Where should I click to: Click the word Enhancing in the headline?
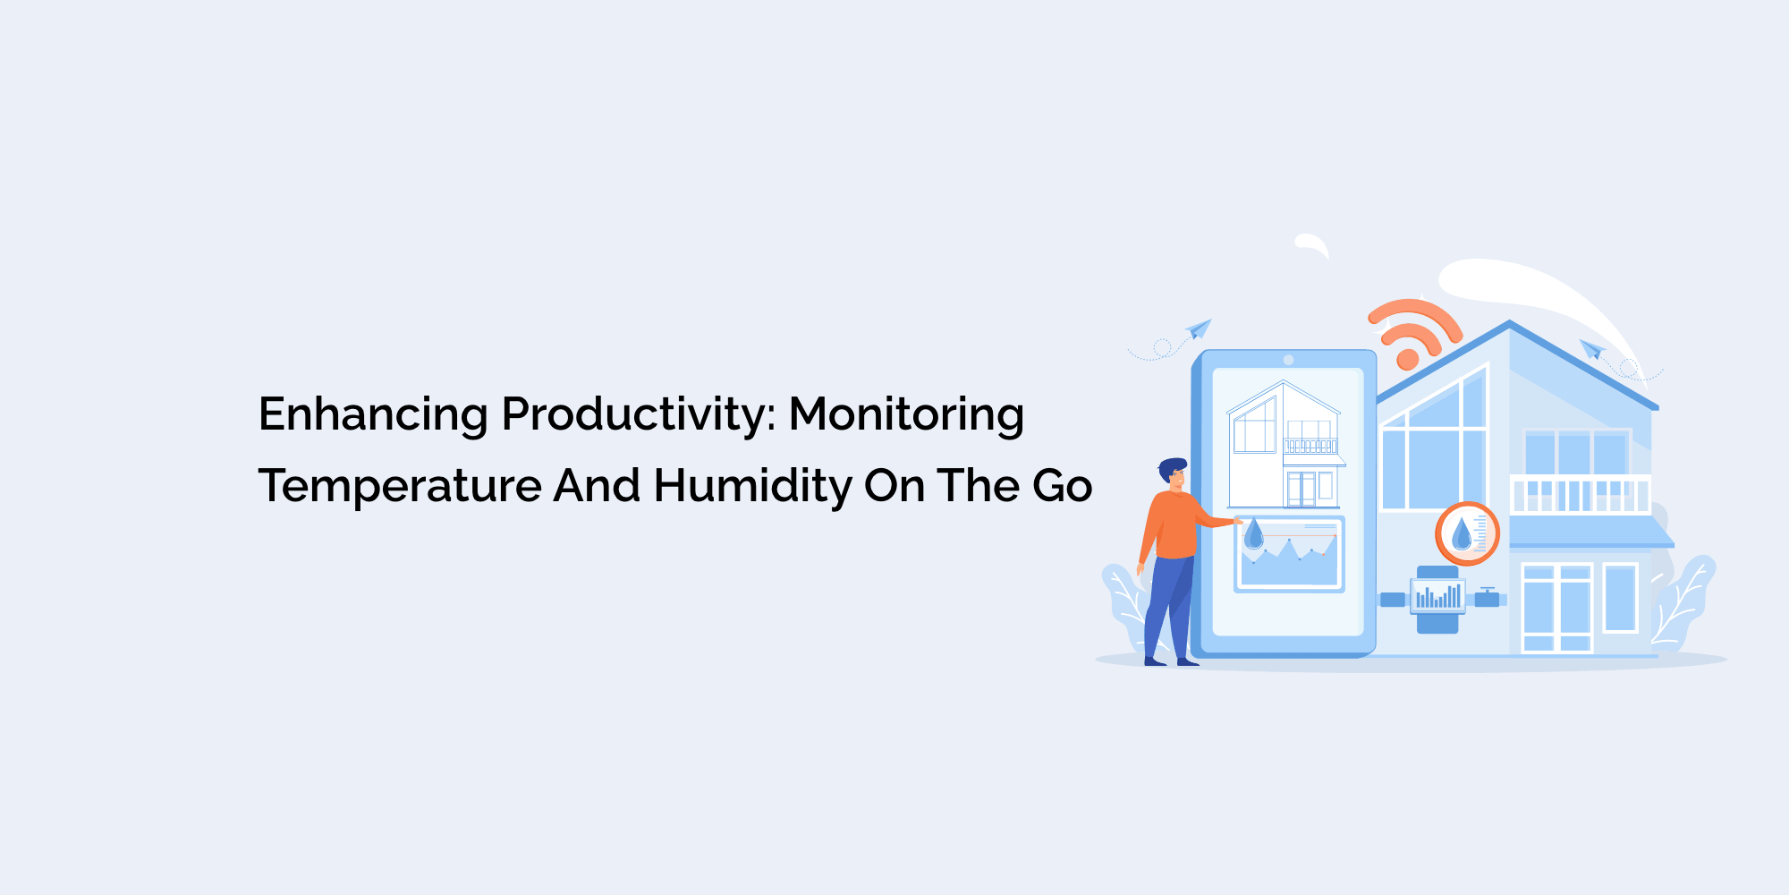[x=373, y=415]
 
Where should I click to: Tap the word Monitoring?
[x=906, y=415]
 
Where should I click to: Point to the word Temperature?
[x=400, y=487]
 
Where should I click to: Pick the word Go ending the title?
[x=1063, y=487]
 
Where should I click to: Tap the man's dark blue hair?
[x=1172, y=468]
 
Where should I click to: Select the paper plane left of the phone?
[x=1199, y=328]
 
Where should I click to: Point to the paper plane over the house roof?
[x=1591, y=348]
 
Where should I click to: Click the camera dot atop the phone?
[x=1288, y=360]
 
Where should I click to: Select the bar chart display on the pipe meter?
[x=1437, y=596]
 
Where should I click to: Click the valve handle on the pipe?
[x=1487, y=597]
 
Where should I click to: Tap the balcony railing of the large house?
[x=1580, y=495]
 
